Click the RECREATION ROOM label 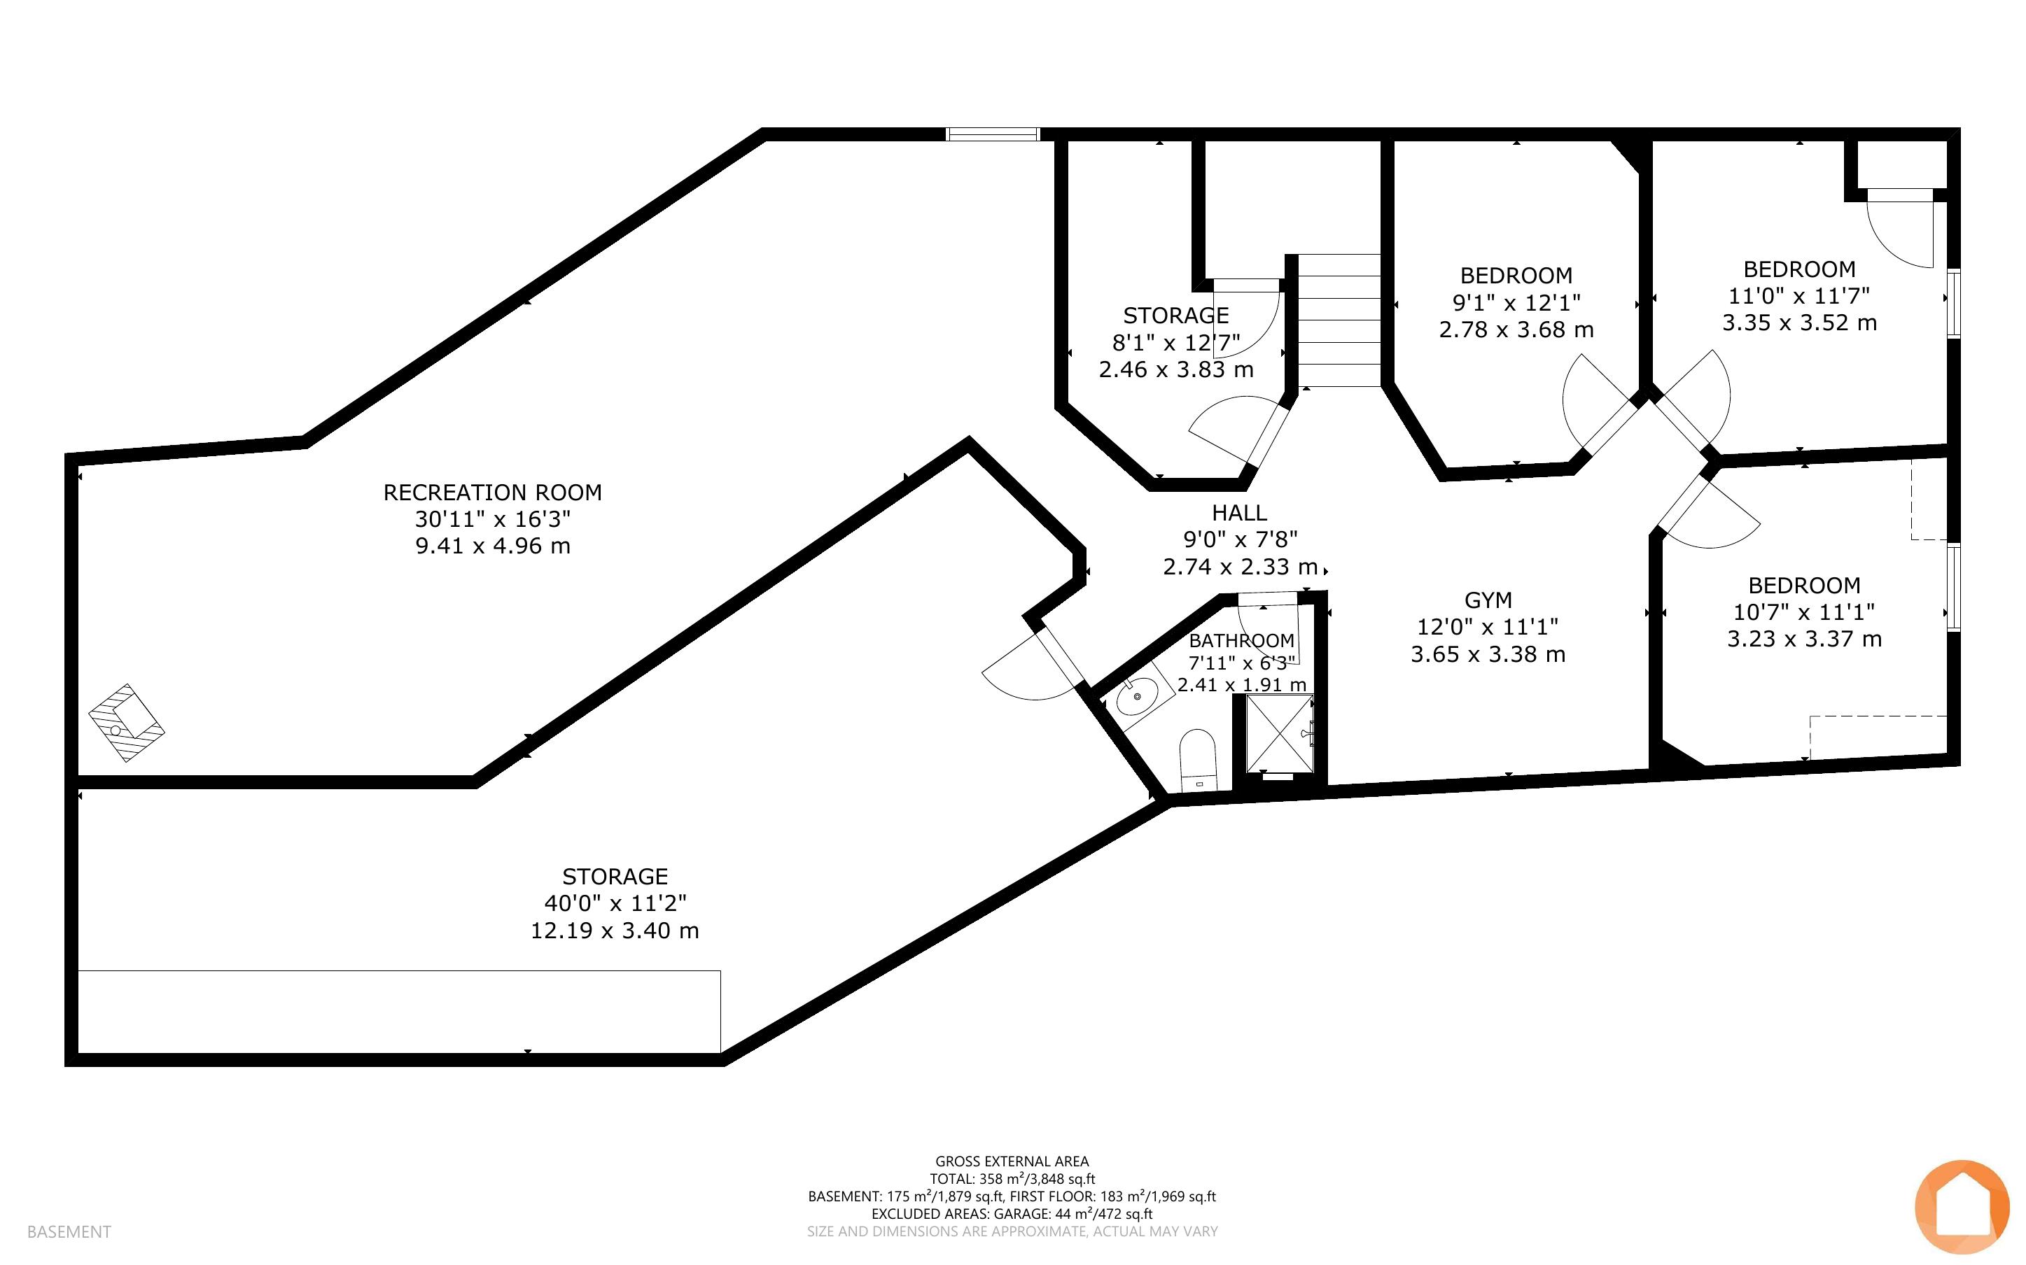click(x=492, y=493)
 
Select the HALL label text click(x=1239, y=513)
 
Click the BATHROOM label click(x=1242, y=641)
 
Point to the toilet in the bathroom click(x=1196, y=761)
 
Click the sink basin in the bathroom click(x=1138, y=696)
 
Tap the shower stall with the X click(x=1280, y=734)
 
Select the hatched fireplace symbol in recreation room click(x=127, y=723)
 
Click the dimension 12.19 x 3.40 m click(x=615, y=931)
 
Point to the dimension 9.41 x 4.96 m click(x=493, y=546)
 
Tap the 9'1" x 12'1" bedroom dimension click(x=1516, y=303)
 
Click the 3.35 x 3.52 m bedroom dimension click(x=1799, y=323)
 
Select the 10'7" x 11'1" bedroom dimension click(x=1804, y=612)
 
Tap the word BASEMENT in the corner click(x=69, y=1231)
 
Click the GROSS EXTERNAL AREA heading click(x=1012, y=1161)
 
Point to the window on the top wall click(x=993, y=134)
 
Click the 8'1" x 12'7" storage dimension click(x=1176, y=343)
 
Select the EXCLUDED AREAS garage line click(x=1012, y=1214)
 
